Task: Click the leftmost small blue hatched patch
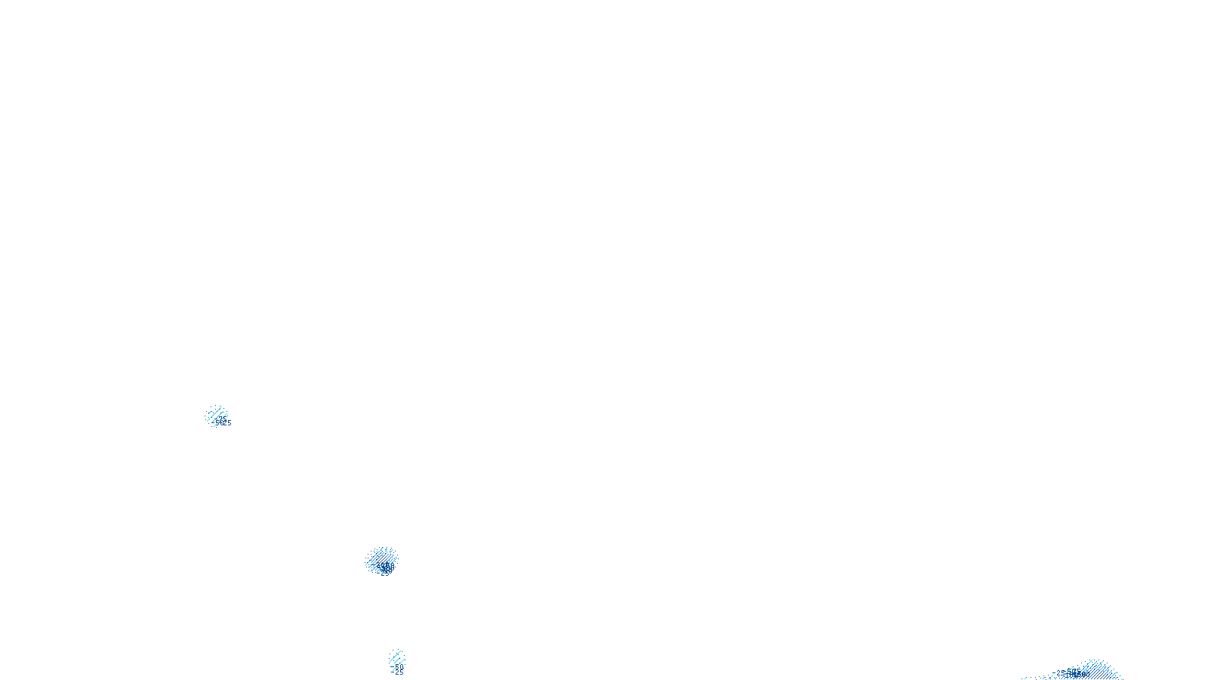[x=216, y=415]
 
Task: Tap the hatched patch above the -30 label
[x=396, y=657]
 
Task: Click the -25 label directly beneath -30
[x=399, y=672]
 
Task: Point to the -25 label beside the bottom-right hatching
[x=1060, y=672]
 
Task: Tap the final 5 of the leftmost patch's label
[x=229, y=423]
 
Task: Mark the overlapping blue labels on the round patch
[x=386, y=567]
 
